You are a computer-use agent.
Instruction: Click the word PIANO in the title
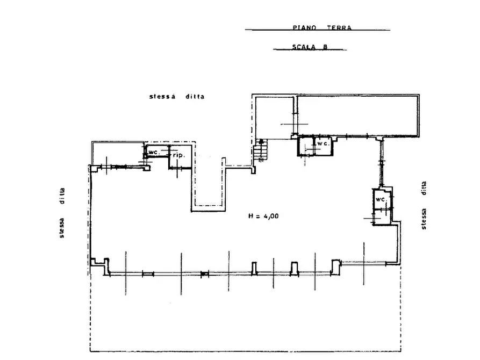pyautogui.click(x=304, y=27)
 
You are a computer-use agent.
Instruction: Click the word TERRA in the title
pyautogui.click(x=339, y=27)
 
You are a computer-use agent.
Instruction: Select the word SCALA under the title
pyautogui.click(x=304, y=47)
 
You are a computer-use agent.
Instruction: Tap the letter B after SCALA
pyautogui.click(x=325, y=47)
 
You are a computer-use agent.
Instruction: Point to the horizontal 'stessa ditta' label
pyautogui.click(x=177, y=96)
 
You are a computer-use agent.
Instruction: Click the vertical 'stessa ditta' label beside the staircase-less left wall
pyautogui.click(x=62, y=213)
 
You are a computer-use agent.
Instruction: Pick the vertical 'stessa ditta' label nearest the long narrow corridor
pyautogui.click(x=424, y=205)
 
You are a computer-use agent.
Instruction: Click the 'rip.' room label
pyautogui.click(x=179, y=155)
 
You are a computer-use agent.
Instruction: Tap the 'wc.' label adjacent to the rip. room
pyautogui.click(x=154, y=152)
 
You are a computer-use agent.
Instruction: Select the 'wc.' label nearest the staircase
pyautogui.click(x=323, y=143)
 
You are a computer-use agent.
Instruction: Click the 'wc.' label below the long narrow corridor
pyautogui.click(x=382, y=199)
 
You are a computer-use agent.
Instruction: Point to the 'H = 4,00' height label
pyautogui.click(x=263, y=216)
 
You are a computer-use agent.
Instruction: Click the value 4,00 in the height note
pyautogui.click(x=271, y=216)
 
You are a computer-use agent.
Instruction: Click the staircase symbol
pyautogui.click(x=260, y=150)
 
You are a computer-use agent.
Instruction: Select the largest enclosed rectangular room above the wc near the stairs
pyautogui.click(x=357, y=116)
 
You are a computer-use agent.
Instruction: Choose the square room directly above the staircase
pyautogui.click(x=274, y=118)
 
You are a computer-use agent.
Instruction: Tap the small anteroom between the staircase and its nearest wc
pyautogui.click(x=306, y=146)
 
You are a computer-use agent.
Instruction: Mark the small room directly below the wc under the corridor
pyautogui.click(x=382, y=217)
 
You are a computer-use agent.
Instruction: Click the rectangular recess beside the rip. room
pyautogui.click(x=208, y=184)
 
